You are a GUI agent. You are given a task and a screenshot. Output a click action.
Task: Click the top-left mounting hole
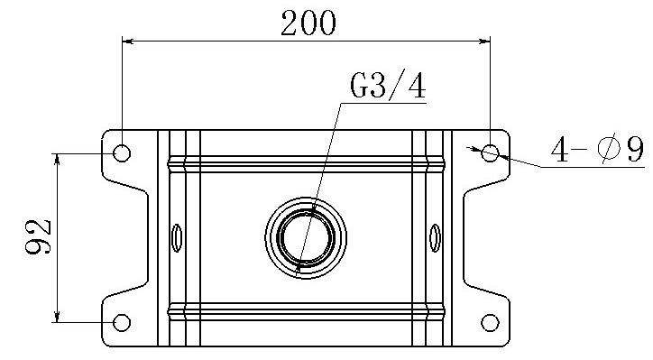pos(122,152)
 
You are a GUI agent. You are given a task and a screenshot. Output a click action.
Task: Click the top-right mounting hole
pos(490,152)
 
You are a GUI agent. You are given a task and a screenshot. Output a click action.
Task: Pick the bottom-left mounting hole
pos(122,322)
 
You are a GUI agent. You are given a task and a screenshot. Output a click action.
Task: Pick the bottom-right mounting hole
pos(490,322)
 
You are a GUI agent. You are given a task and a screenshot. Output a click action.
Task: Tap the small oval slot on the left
pos(177,238)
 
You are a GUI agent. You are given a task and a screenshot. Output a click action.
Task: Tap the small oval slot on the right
pos(435,238)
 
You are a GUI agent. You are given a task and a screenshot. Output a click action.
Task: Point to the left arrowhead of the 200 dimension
pos(127,40)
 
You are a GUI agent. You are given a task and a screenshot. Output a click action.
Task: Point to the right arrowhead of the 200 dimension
pos(484,40)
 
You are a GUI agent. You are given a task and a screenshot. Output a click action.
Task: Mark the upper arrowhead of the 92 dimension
pos(58,158)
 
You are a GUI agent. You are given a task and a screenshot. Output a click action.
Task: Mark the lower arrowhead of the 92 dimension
pos(58,317)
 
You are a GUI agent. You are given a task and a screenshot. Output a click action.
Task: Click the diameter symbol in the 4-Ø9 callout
pos(607,150)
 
